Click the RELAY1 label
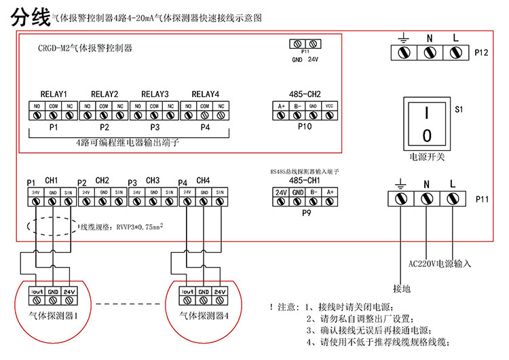click(54, 94)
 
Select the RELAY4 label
click(206, 94)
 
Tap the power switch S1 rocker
click(427, 123)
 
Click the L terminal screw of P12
click(455, 52)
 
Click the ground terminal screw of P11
click(402, 199)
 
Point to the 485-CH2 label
click(305, 94)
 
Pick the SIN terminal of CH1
click(69, 198)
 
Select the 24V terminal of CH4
click(187, 198)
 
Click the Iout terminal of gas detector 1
click(36, 295)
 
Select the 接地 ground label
click(402, 288)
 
